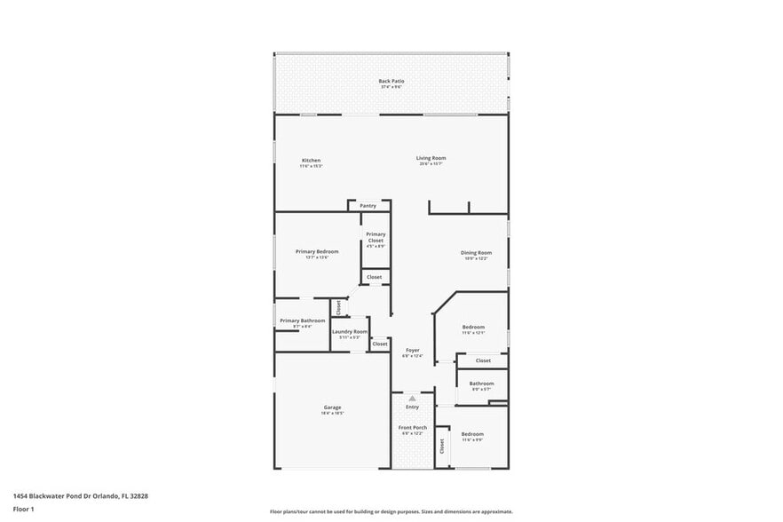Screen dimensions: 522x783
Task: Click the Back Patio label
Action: click(391, 81)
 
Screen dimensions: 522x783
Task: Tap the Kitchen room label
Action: click(311, 161)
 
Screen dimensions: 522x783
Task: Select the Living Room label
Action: click(431, 158)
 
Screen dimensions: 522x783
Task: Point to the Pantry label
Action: click(368, 205)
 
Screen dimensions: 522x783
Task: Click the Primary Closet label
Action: click(376, 237)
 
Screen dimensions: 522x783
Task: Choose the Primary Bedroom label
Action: click(317, 251)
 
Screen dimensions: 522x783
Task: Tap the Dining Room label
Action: click(476, 252)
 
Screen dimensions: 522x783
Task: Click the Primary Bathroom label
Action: click(302, 320)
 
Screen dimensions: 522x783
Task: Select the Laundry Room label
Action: click(350, 331)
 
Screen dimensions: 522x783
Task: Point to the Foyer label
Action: click(413, 350)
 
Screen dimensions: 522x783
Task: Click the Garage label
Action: click(332, 407)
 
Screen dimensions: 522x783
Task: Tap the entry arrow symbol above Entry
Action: click(413, 399)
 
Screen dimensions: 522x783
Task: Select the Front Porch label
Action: click(413, 427)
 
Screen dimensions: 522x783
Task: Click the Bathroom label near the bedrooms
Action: click(482, 384)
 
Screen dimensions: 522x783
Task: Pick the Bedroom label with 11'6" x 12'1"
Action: click(473, 327)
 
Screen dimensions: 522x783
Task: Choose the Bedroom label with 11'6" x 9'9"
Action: click(472, 433)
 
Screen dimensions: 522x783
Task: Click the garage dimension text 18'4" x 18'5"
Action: click(332, 413)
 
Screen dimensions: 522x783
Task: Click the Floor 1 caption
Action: click(23, 509)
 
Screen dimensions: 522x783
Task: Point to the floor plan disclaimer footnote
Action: click(391, 511)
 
